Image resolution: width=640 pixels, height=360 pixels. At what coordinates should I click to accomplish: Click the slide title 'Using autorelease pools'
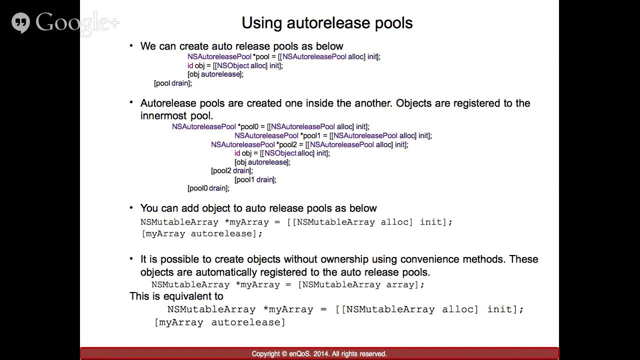pyautogui.click(x=327, y=23)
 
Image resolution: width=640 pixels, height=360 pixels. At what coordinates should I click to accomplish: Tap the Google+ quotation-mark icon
pyautogui.click(x=21, y=23)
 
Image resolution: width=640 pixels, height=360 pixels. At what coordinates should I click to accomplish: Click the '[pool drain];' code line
pyautogui.click(x=173, y=83)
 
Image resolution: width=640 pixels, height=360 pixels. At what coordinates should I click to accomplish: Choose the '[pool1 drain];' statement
pyautogui.click(x=255, y=179)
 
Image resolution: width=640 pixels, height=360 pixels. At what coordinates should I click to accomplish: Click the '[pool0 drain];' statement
pyautogui.click(x=208, y=188)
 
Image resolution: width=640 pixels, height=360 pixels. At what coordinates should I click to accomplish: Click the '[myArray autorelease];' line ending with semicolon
pyautogui.click(x=202, y=233)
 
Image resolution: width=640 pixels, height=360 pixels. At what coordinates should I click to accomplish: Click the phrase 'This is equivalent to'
pyautogui.click(x=176, y=296)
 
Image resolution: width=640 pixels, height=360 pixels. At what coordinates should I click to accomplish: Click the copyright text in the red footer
pyautogui.click(x=319, y=354)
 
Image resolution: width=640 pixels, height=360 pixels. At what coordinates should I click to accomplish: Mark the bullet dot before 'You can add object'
pyautogui.click(x=131, y=207)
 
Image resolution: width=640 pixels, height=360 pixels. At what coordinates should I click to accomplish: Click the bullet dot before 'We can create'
pyautogui.click(x=131, y=46)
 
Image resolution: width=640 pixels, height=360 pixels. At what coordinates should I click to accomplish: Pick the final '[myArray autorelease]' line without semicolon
pyautogui.click(x=220, y=322)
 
